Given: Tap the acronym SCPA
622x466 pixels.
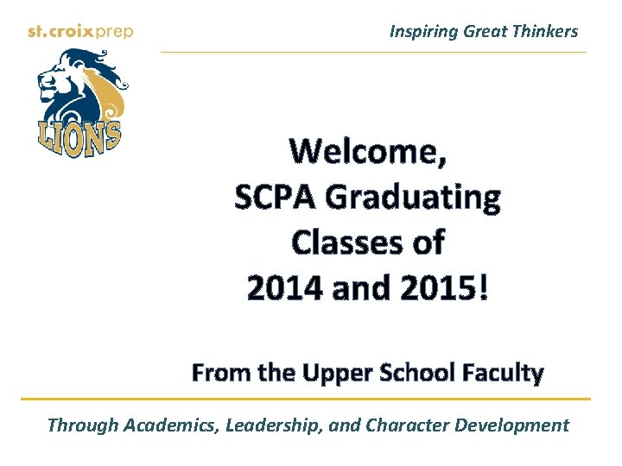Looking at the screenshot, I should (275, 198).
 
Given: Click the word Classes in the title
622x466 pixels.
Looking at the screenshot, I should (341, 243).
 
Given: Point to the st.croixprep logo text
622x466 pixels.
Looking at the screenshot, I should (79, 32).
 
